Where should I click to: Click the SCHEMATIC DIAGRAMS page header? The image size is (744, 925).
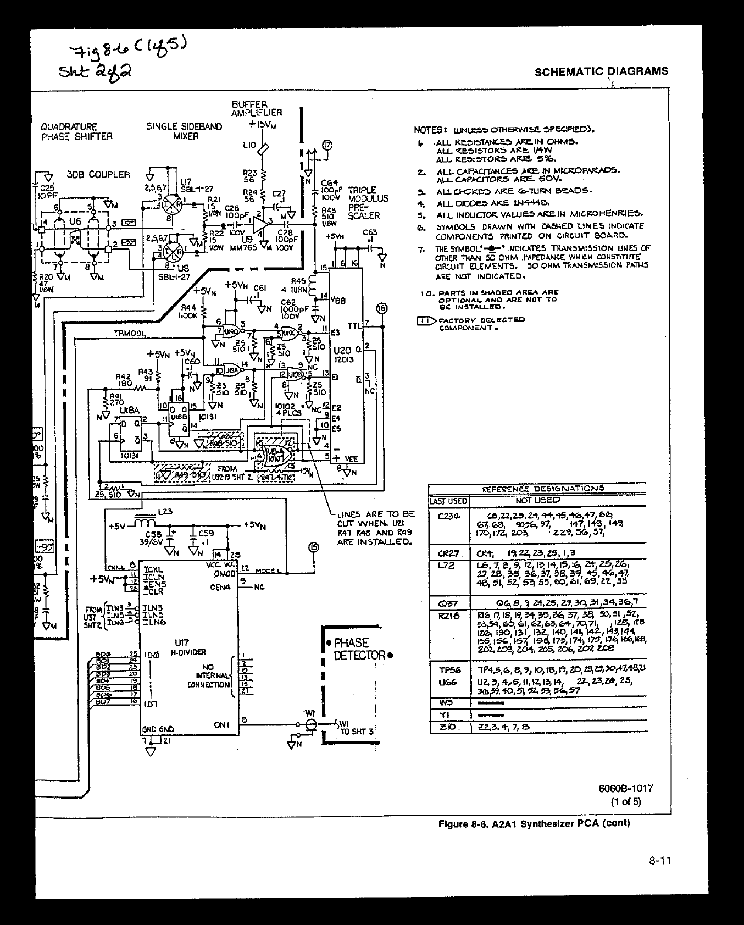(601, 71)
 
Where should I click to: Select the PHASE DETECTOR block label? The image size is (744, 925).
(359, 649)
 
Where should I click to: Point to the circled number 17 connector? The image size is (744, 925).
(328, 145)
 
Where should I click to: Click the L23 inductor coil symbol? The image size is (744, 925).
(145, 521)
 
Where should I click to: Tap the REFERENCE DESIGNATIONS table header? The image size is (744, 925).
(543, 488)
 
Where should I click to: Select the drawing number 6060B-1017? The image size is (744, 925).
(626, 788)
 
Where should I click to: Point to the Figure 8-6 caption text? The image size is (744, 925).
(534, 823)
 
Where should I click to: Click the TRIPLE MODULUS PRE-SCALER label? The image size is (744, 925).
(368, 203)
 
